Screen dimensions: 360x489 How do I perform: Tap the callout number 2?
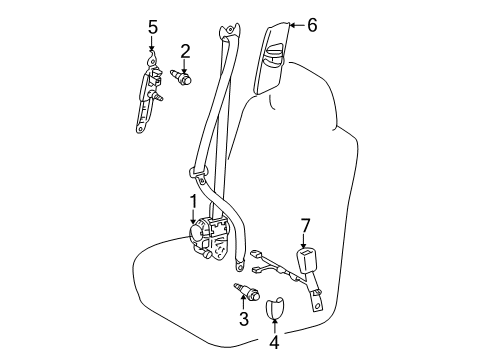point(185,51)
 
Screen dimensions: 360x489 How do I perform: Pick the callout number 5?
point(153,25)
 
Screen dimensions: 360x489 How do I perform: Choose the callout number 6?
point(311,25)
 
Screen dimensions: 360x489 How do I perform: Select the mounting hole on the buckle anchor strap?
point(318,306)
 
